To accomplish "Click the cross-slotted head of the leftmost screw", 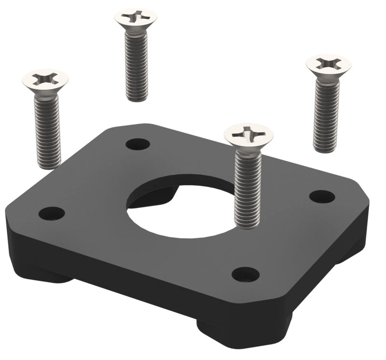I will (x=46, y=79).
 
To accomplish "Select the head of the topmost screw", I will (x=136, y=17).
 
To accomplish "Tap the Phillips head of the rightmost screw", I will (x=328, y=64).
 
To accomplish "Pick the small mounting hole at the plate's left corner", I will (x=52, y=213).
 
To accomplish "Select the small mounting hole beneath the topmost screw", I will (x=138, y=144).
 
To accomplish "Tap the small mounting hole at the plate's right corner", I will (x=322, y=196).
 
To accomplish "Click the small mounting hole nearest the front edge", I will (x=246, y=274).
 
